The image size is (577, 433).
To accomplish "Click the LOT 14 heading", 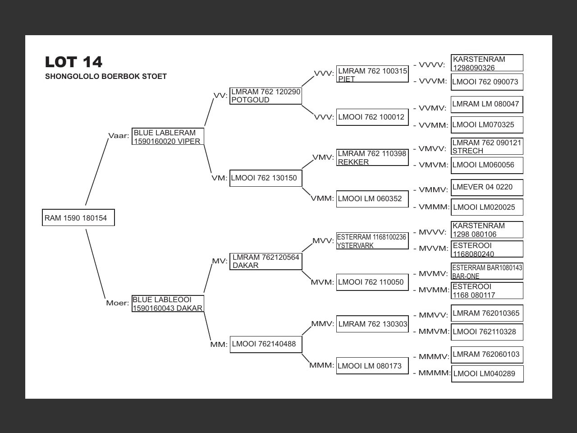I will (x=73, y=62).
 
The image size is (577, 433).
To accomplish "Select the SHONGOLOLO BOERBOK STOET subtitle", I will (x=106, y=77).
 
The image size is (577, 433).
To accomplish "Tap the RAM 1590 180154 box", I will (x=78, y=218).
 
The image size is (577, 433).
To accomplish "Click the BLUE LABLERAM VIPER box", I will (x=168, y=137).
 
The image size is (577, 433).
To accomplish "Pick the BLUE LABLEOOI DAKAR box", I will (x=168, y=304).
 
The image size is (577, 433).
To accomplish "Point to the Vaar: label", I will (x=119, y=136).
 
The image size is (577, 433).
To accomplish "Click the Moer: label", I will (x=117, y=303).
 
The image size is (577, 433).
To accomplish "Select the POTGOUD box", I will (x=266, y=96).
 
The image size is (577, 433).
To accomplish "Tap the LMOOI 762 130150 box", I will (x=266, y=178).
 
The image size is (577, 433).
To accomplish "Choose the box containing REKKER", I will (x=372, y=157).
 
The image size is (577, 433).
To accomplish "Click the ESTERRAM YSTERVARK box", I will (x=372, y=241).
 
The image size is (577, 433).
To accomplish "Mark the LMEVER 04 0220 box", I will (x=487, y=187).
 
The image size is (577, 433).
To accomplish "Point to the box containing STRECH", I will (x=487, y=147).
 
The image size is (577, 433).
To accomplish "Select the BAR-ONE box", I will (x=487, y=272).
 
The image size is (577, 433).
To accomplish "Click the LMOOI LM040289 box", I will (x=487, y=373).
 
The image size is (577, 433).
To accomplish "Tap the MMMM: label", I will (x=434, y=373).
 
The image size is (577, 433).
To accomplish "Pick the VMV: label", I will (x=323, y=157).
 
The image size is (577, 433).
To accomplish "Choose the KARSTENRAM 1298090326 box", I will (x=487, y=63).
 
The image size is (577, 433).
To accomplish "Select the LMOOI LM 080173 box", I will (x=372, y=366).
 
